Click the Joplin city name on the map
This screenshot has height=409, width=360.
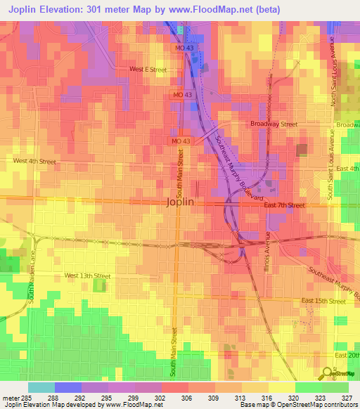coord(179,202)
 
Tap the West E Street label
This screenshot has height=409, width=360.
coord(148,70)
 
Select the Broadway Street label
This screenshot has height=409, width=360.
coord(274,124)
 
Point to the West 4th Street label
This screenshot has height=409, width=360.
coord(34,161)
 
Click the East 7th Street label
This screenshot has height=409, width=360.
coord(284,205)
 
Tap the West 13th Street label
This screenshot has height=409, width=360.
coord(87,275)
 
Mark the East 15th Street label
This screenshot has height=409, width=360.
coord(323,301)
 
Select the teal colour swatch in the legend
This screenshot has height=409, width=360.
coord(41,387)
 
